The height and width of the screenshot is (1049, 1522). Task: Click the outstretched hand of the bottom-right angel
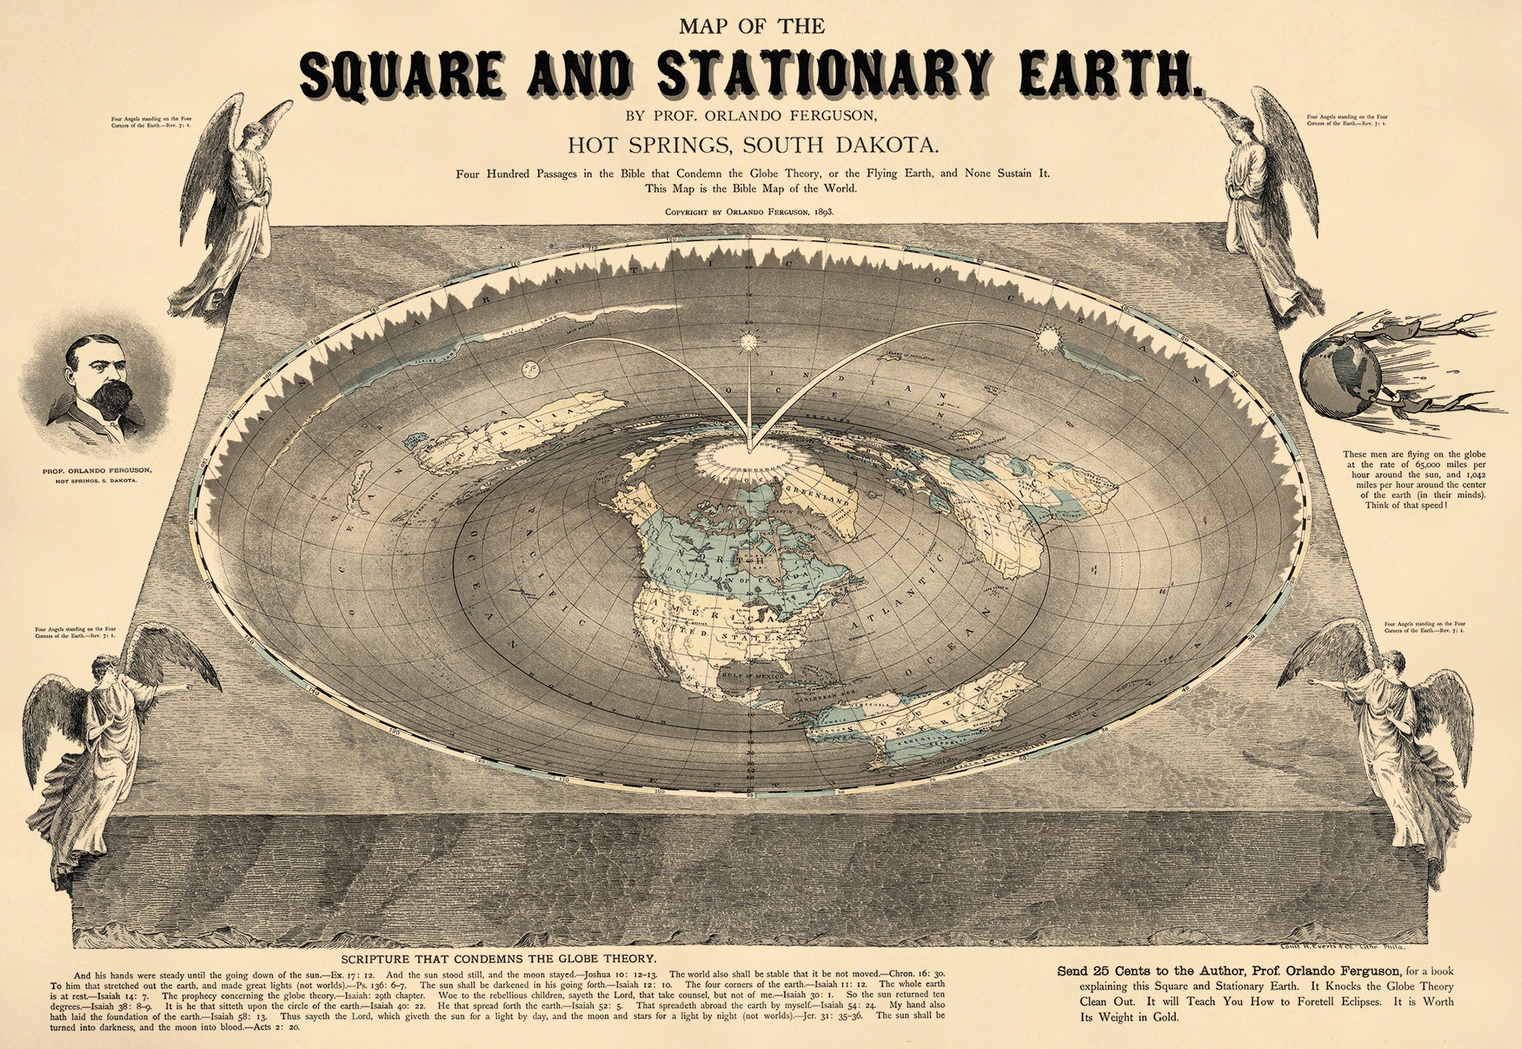1316,682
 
